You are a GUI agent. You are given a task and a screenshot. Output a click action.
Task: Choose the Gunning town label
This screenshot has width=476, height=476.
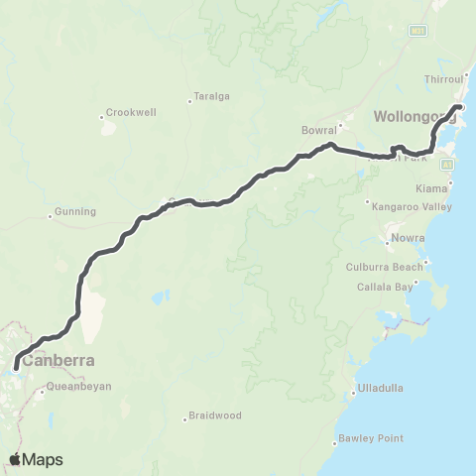click(75, 211)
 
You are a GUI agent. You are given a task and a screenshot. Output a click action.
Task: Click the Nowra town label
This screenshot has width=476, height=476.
click(409, 238)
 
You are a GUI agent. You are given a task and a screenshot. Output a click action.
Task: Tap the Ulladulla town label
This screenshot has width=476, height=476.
click(382, 388)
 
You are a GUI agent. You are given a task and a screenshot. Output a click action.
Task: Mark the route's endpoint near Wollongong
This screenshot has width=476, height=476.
click(460, 106)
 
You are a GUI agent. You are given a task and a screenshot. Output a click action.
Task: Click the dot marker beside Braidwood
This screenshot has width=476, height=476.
click(185, 417)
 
